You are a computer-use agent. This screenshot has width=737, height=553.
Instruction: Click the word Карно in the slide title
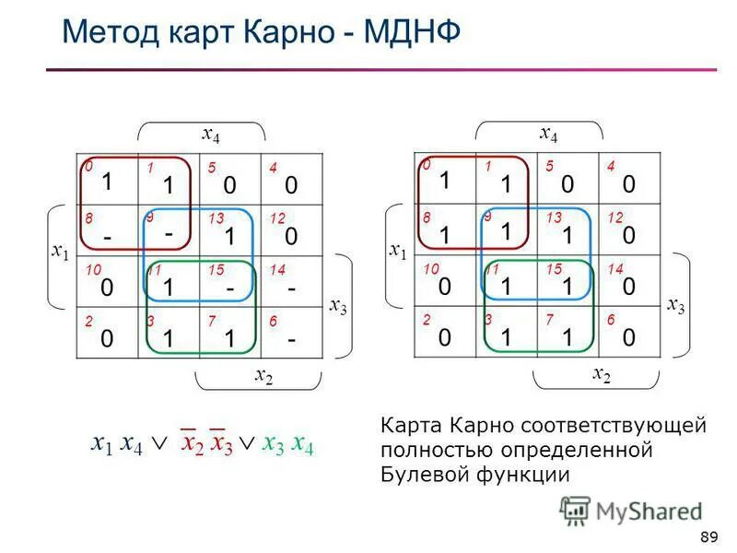pos(287,33)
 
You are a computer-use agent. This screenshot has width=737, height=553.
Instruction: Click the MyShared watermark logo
pos(631,511)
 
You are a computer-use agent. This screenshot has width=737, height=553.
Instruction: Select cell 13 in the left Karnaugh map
pos(229,231)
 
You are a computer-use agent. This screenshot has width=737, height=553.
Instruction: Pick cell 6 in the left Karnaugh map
pos(291,333)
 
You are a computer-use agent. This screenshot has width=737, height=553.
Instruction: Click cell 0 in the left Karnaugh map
pos(107,181)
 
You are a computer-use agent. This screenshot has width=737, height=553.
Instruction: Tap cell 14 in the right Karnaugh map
pos(629,282)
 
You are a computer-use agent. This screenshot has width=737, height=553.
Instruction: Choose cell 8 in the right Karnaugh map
pos(445,231)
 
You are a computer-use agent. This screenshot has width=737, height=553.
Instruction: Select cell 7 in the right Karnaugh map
pos(567,333)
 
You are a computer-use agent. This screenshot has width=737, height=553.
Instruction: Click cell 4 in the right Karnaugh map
pos(629,181)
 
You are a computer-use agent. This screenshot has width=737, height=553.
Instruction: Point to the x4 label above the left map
pos(211,134)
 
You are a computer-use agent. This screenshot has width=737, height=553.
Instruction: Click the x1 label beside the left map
pos(60,251)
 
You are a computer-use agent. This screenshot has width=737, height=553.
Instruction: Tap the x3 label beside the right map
pos(676,303)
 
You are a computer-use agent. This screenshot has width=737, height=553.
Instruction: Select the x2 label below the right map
pos(601,373)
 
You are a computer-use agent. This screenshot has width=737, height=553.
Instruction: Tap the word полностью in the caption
pos(431,451)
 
